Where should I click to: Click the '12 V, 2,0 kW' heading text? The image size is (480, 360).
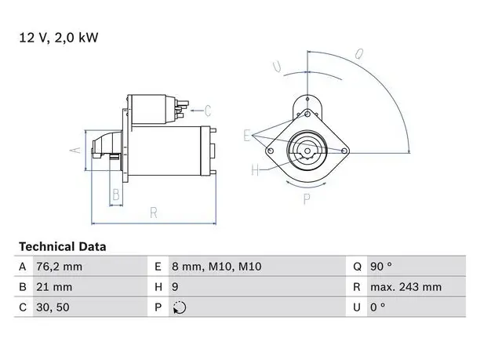pos(59,38)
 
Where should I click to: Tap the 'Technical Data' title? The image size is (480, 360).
pos(63,246)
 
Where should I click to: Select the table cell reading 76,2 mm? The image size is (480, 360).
pos(59,267)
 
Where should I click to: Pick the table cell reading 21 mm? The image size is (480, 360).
pos(54,287)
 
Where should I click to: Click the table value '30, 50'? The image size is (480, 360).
pos(53,307)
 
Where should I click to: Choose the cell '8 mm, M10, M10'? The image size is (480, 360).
pos(216,267)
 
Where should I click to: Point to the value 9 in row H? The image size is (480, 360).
pos(175,287)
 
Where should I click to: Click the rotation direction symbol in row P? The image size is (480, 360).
pos(180,307)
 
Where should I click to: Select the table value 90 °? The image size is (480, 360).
pos(381,267)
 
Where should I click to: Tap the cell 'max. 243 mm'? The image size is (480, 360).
pos(406,287)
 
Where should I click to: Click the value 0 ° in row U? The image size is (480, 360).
pos(378,307)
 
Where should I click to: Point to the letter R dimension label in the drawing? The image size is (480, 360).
pos(154,213)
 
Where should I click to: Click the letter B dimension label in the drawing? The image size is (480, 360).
pos(116,195)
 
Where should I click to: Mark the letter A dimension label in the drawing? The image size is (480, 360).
pos(75,150)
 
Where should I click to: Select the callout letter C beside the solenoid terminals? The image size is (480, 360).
pos(208,111)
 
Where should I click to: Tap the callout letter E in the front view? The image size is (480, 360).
pos(247,136)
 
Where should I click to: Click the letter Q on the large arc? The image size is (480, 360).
pos(359,54)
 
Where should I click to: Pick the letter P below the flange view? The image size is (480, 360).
pos(307,199)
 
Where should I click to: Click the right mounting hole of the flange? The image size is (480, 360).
pos(344,151)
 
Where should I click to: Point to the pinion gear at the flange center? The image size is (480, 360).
pos(307,151)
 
